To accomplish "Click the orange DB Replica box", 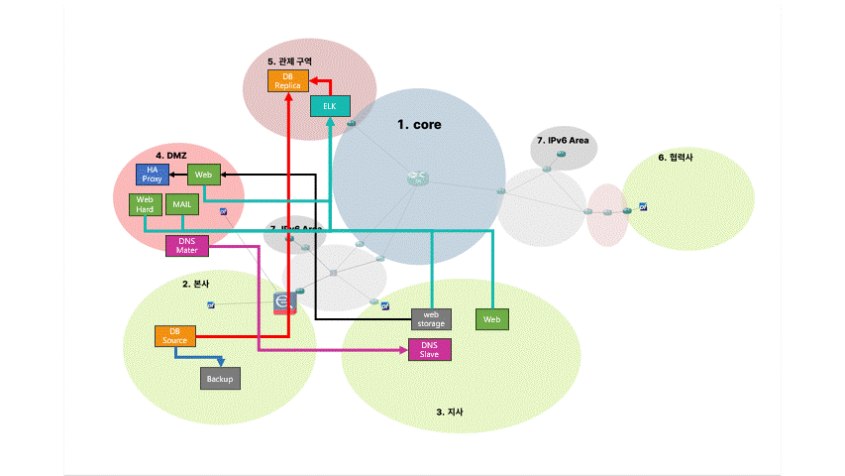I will click(287, 81).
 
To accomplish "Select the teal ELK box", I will click(330, 106).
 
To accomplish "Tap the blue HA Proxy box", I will click(153, 175).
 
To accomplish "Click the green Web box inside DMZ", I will click(204, 175).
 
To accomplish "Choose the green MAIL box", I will click(181, 204).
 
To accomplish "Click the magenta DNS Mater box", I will click(187, 245).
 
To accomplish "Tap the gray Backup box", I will click(220, 378).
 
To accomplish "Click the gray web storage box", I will click(431, 318).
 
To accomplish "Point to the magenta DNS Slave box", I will click(429, 349).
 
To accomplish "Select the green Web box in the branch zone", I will click(492, 318).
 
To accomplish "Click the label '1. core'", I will click(419, 125).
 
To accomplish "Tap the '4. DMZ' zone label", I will click(170, 156).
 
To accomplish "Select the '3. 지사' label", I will click(450, 412).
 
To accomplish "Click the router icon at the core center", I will click(415, 178).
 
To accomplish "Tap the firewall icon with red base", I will click(284, 302).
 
